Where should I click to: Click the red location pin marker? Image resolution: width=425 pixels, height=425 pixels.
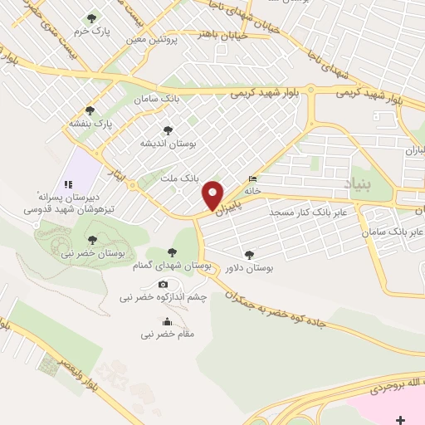214,195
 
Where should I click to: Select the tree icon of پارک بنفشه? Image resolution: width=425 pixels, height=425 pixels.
90,110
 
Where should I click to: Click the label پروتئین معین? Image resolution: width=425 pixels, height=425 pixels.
154,39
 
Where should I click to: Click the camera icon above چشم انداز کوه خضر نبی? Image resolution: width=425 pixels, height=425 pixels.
151,285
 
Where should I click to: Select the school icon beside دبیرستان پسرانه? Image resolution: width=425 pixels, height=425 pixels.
68,184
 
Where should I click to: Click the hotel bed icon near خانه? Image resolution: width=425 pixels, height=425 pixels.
252,178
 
